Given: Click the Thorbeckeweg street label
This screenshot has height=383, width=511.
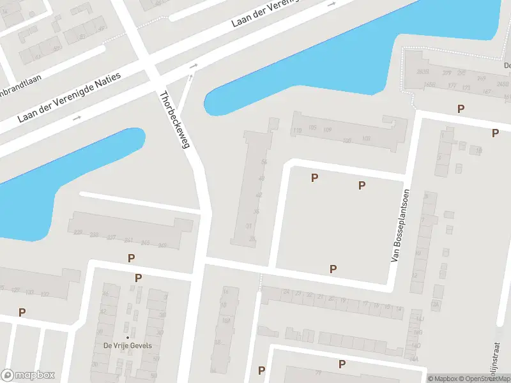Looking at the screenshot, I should [x=175, y=120].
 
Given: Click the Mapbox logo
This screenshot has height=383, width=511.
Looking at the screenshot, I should [x=27, y=375].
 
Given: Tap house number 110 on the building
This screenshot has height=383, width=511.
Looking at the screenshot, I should [x=297, y=131].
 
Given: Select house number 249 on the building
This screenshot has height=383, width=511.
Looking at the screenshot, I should [x=162, y=245].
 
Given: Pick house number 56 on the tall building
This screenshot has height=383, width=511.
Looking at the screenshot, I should [x=264, y=163].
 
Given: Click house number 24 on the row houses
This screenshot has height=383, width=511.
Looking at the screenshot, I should [x=286, y=292].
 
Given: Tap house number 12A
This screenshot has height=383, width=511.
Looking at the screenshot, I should [x=436, y=305].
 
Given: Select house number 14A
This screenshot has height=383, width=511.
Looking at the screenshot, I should [x=416, y=345].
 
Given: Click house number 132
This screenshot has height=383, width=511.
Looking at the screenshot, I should [x=45, y=293].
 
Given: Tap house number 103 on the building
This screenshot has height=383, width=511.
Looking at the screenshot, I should [x=366, y=139].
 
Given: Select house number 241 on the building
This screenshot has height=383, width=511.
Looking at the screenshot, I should [x=128, y=241].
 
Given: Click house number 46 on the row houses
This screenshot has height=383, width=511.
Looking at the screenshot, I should [x=105, y=294].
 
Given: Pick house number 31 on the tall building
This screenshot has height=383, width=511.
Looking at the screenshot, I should [x=250, y=225].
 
